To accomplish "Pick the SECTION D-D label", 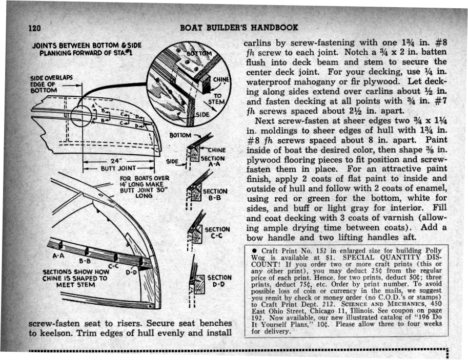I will coord(219,280).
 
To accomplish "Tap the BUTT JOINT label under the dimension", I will coord(118,167).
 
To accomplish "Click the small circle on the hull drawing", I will coord(82,115).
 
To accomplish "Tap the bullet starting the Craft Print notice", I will coord(255,249).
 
